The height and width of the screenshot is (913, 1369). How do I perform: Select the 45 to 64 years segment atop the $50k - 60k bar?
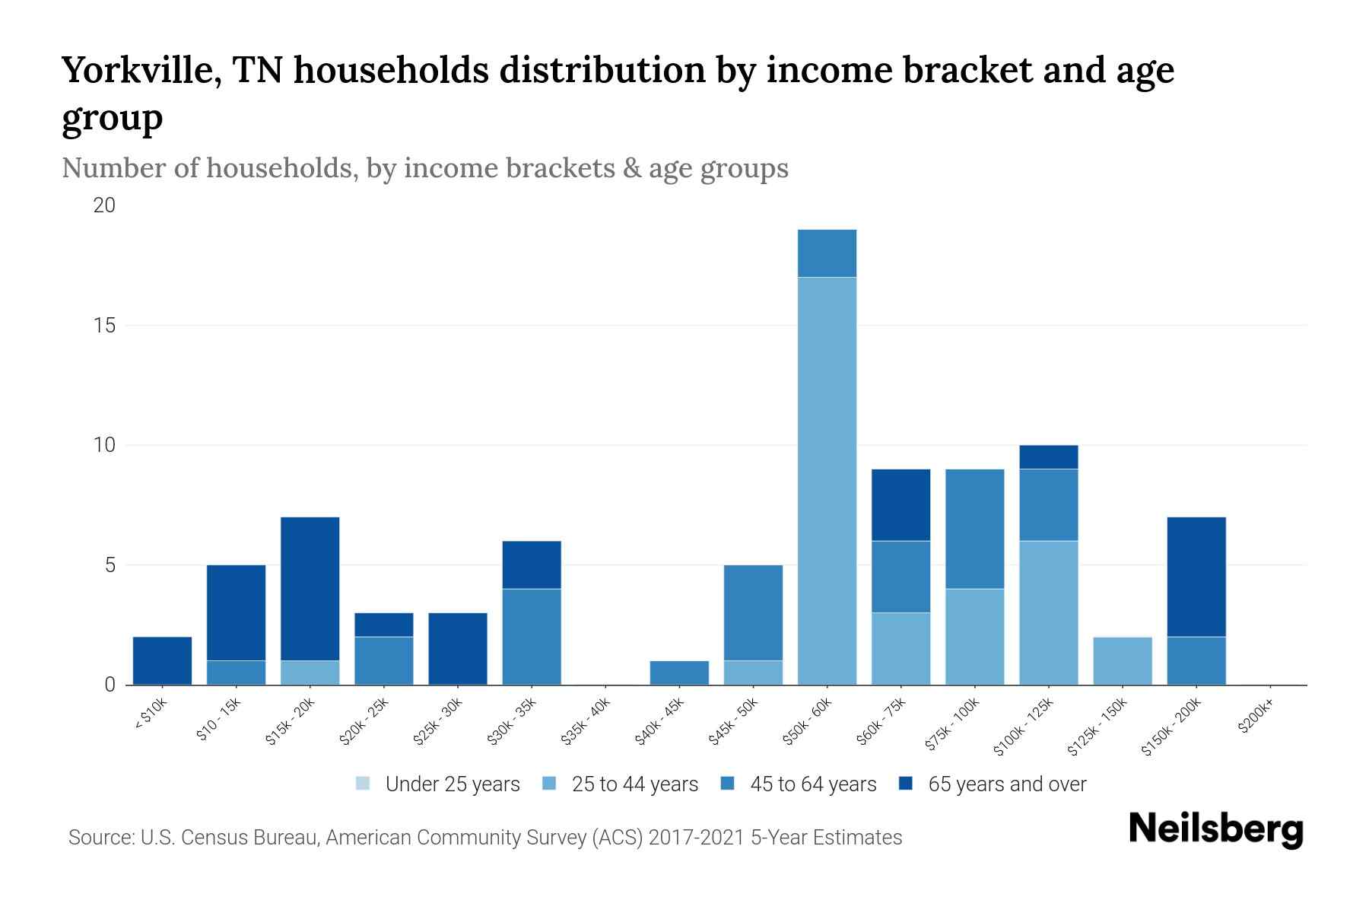(x=827, y=253)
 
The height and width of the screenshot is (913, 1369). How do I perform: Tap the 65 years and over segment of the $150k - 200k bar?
(x=1196, y=577)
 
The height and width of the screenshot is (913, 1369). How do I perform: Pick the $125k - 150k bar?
(x=1123, y=661)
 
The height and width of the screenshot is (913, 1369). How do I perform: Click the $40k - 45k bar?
(x=679, y=673)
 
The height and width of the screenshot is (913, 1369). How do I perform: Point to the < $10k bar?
(x=162, y=661)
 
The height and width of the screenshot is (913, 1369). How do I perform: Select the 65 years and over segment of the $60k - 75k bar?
(x=900, y=505)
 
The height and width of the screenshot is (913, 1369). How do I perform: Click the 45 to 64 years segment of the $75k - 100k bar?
(x=974, y=529)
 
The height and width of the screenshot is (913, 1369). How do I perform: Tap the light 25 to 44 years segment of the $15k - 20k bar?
(x=310, y=673)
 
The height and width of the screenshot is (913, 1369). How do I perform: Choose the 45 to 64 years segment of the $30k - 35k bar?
(x=532, y=637)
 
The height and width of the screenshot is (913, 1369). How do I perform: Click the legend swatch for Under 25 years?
(x=363, y=784)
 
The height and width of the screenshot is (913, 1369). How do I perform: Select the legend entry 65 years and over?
(x=1006, y=784)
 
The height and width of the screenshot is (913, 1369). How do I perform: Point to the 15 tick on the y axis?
(x=105, y=326)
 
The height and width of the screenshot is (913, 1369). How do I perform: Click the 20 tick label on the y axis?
(x=105, y=205)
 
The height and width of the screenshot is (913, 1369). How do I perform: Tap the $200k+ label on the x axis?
(x=1256, y=719)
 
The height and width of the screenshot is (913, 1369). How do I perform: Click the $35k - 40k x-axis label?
(x=586, y=726)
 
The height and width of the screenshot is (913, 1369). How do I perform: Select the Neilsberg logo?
(x=1216, y=830)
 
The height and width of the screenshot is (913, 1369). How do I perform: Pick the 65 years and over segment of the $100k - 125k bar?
(x=1048, y=457)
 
